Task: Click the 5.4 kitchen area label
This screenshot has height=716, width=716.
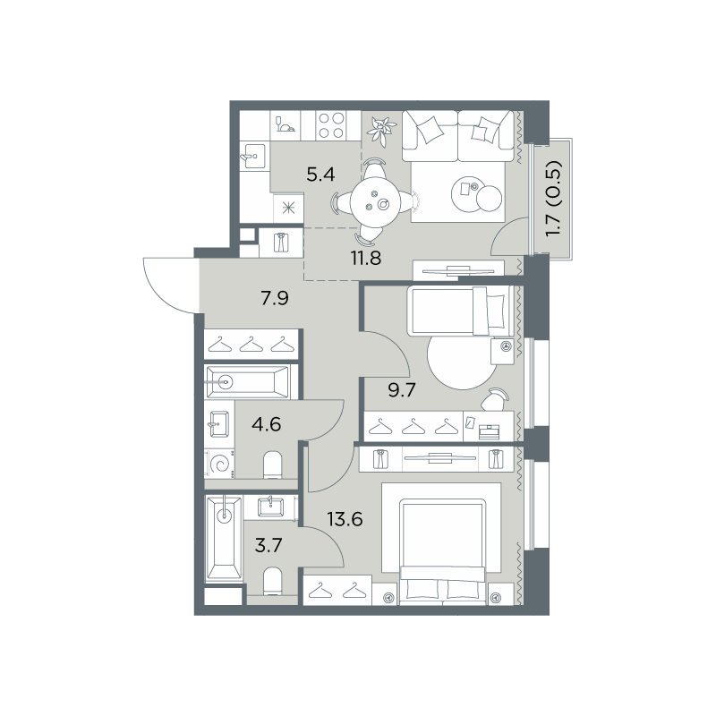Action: pyautogui.click(x=320, y=175)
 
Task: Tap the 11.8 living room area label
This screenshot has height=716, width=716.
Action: pyautogui.click(x=366, y=259)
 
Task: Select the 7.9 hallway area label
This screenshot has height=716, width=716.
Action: pyautogui.click(x=275, y=298)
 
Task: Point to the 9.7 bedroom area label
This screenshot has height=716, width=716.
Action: pyautogui.click(x=402, y=390)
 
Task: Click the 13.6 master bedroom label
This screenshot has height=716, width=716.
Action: pyautogui.click(x=345, y=519)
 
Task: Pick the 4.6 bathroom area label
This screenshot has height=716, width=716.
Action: pyautogui.click(x=266, y=424)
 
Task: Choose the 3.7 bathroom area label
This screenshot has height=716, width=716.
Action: pyautogui.click(x=268, y=545)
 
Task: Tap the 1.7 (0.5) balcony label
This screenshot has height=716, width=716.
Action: pyautogui.click(x=554, y=198)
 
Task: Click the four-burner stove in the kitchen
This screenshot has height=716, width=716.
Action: pyautogui.click(x=331, y=125)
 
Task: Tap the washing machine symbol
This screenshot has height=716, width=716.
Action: pyautogui.click(x=220, y=464)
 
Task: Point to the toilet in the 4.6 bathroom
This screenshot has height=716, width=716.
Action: pyautogui.click(x=273, y=465)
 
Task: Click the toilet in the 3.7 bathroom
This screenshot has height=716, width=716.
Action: pyautogui.click(x=273, y=581)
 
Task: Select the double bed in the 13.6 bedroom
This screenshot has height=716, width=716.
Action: pyautogui.click(x=442, y=551)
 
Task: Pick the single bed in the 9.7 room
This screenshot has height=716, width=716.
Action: pyautogui.click(x=461, y=311)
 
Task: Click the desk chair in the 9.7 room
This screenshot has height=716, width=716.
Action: pyautogui.click(x=493, y=398)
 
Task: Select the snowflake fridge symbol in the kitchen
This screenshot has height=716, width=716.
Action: pyautogui.click(x=288, y=209)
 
